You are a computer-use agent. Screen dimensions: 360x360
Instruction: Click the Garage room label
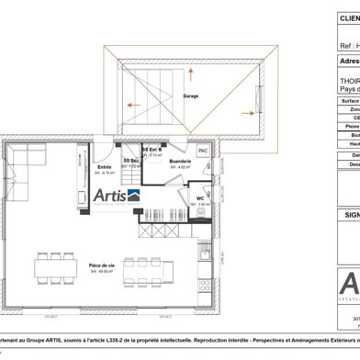pos(190,96)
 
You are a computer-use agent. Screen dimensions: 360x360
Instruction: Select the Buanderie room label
pos(180,161)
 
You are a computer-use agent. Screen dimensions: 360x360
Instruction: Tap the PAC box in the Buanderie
pos(203,150)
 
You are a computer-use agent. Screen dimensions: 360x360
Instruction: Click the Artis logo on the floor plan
pos(117,195)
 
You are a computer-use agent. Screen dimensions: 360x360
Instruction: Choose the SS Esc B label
pos(152,150)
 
